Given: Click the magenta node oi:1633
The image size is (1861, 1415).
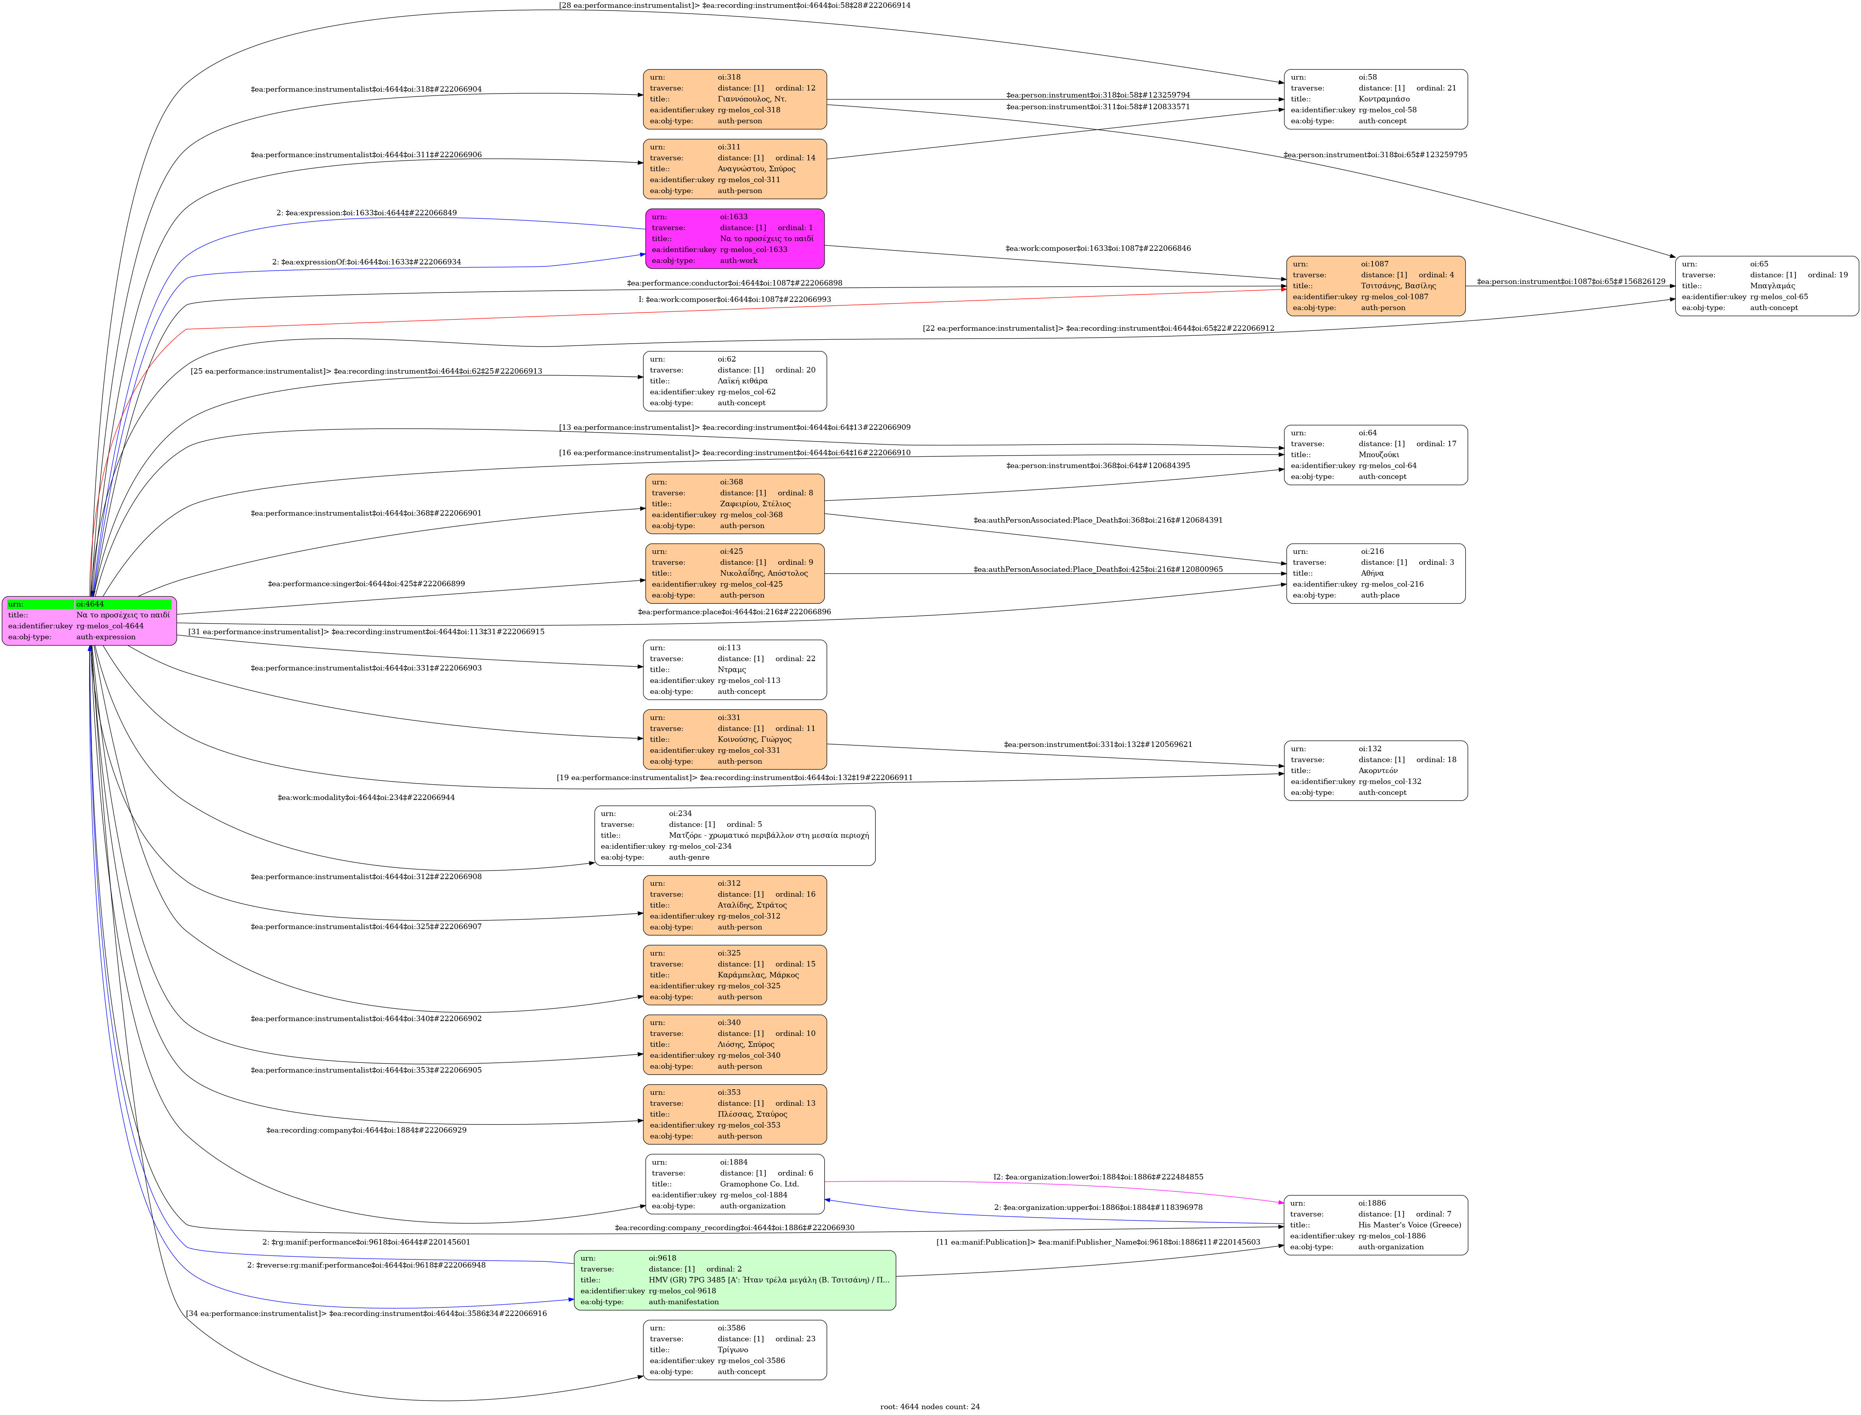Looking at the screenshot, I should pyautogui.click(x=734, y=238).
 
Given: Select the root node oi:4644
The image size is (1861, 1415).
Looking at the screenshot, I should pyautogui.click(x=89, y=621).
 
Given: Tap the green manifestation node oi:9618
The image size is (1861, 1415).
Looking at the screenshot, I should pyautogui.click(x=734, y=1279).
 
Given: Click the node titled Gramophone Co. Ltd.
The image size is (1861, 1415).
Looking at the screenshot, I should pyautogui.click(x=734, y=1183).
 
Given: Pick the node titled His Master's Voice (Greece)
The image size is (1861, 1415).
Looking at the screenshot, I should pyautogui.click(x=1375, y=1225).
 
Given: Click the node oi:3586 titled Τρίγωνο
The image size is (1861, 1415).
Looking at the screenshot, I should pyautogui.click(x=734, y=1349).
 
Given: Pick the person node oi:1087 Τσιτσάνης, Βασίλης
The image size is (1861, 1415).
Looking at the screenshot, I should pyautogui.click(x=1375, y=285).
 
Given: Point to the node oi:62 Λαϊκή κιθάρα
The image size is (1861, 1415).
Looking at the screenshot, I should pyautogui.click(x=734, y=381).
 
